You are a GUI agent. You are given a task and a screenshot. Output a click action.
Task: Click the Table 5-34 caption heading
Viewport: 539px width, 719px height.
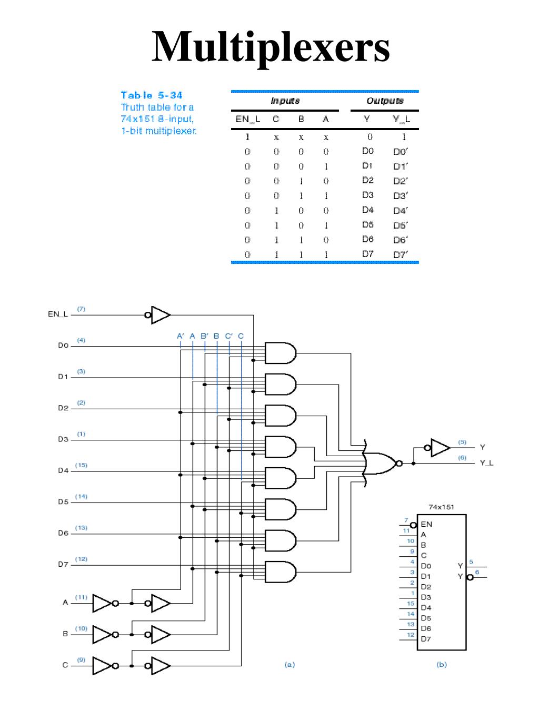tap(152, 95)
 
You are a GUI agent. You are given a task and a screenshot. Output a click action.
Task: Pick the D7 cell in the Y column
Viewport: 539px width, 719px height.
tap(367, 254)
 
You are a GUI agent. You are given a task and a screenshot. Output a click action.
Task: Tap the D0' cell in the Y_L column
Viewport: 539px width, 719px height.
tap(400, 152)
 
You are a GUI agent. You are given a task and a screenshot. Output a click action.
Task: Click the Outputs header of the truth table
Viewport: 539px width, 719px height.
tap(384, 101)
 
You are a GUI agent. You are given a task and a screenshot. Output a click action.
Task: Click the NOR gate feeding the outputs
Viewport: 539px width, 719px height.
tap(382, 464)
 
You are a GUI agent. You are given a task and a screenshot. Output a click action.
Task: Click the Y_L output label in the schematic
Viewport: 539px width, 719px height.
tap(486, 464)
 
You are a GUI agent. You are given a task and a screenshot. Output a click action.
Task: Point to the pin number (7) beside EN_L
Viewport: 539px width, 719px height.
tap(81, 309)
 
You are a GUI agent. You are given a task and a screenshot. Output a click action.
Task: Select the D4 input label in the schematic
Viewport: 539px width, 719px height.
tap(63, 471)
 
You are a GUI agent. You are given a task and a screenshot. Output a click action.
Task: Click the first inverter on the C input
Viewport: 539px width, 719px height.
tap(103, 666)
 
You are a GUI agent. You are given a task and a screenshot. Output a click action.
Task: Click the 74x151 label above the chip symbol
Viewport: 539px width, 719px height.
tap(441, 507)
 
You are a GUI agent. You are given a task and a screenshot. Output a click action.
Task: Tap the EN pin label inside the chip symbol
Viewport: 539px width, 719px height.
tap(426, 524)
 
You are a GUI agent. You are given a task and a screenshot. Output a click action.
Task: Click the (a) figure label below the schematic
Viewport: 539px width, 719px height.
tap(290, 665)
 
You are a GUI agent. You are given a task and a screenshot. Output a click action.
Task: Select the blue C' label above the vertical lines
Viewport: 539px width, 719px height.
tap(229, 336)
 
